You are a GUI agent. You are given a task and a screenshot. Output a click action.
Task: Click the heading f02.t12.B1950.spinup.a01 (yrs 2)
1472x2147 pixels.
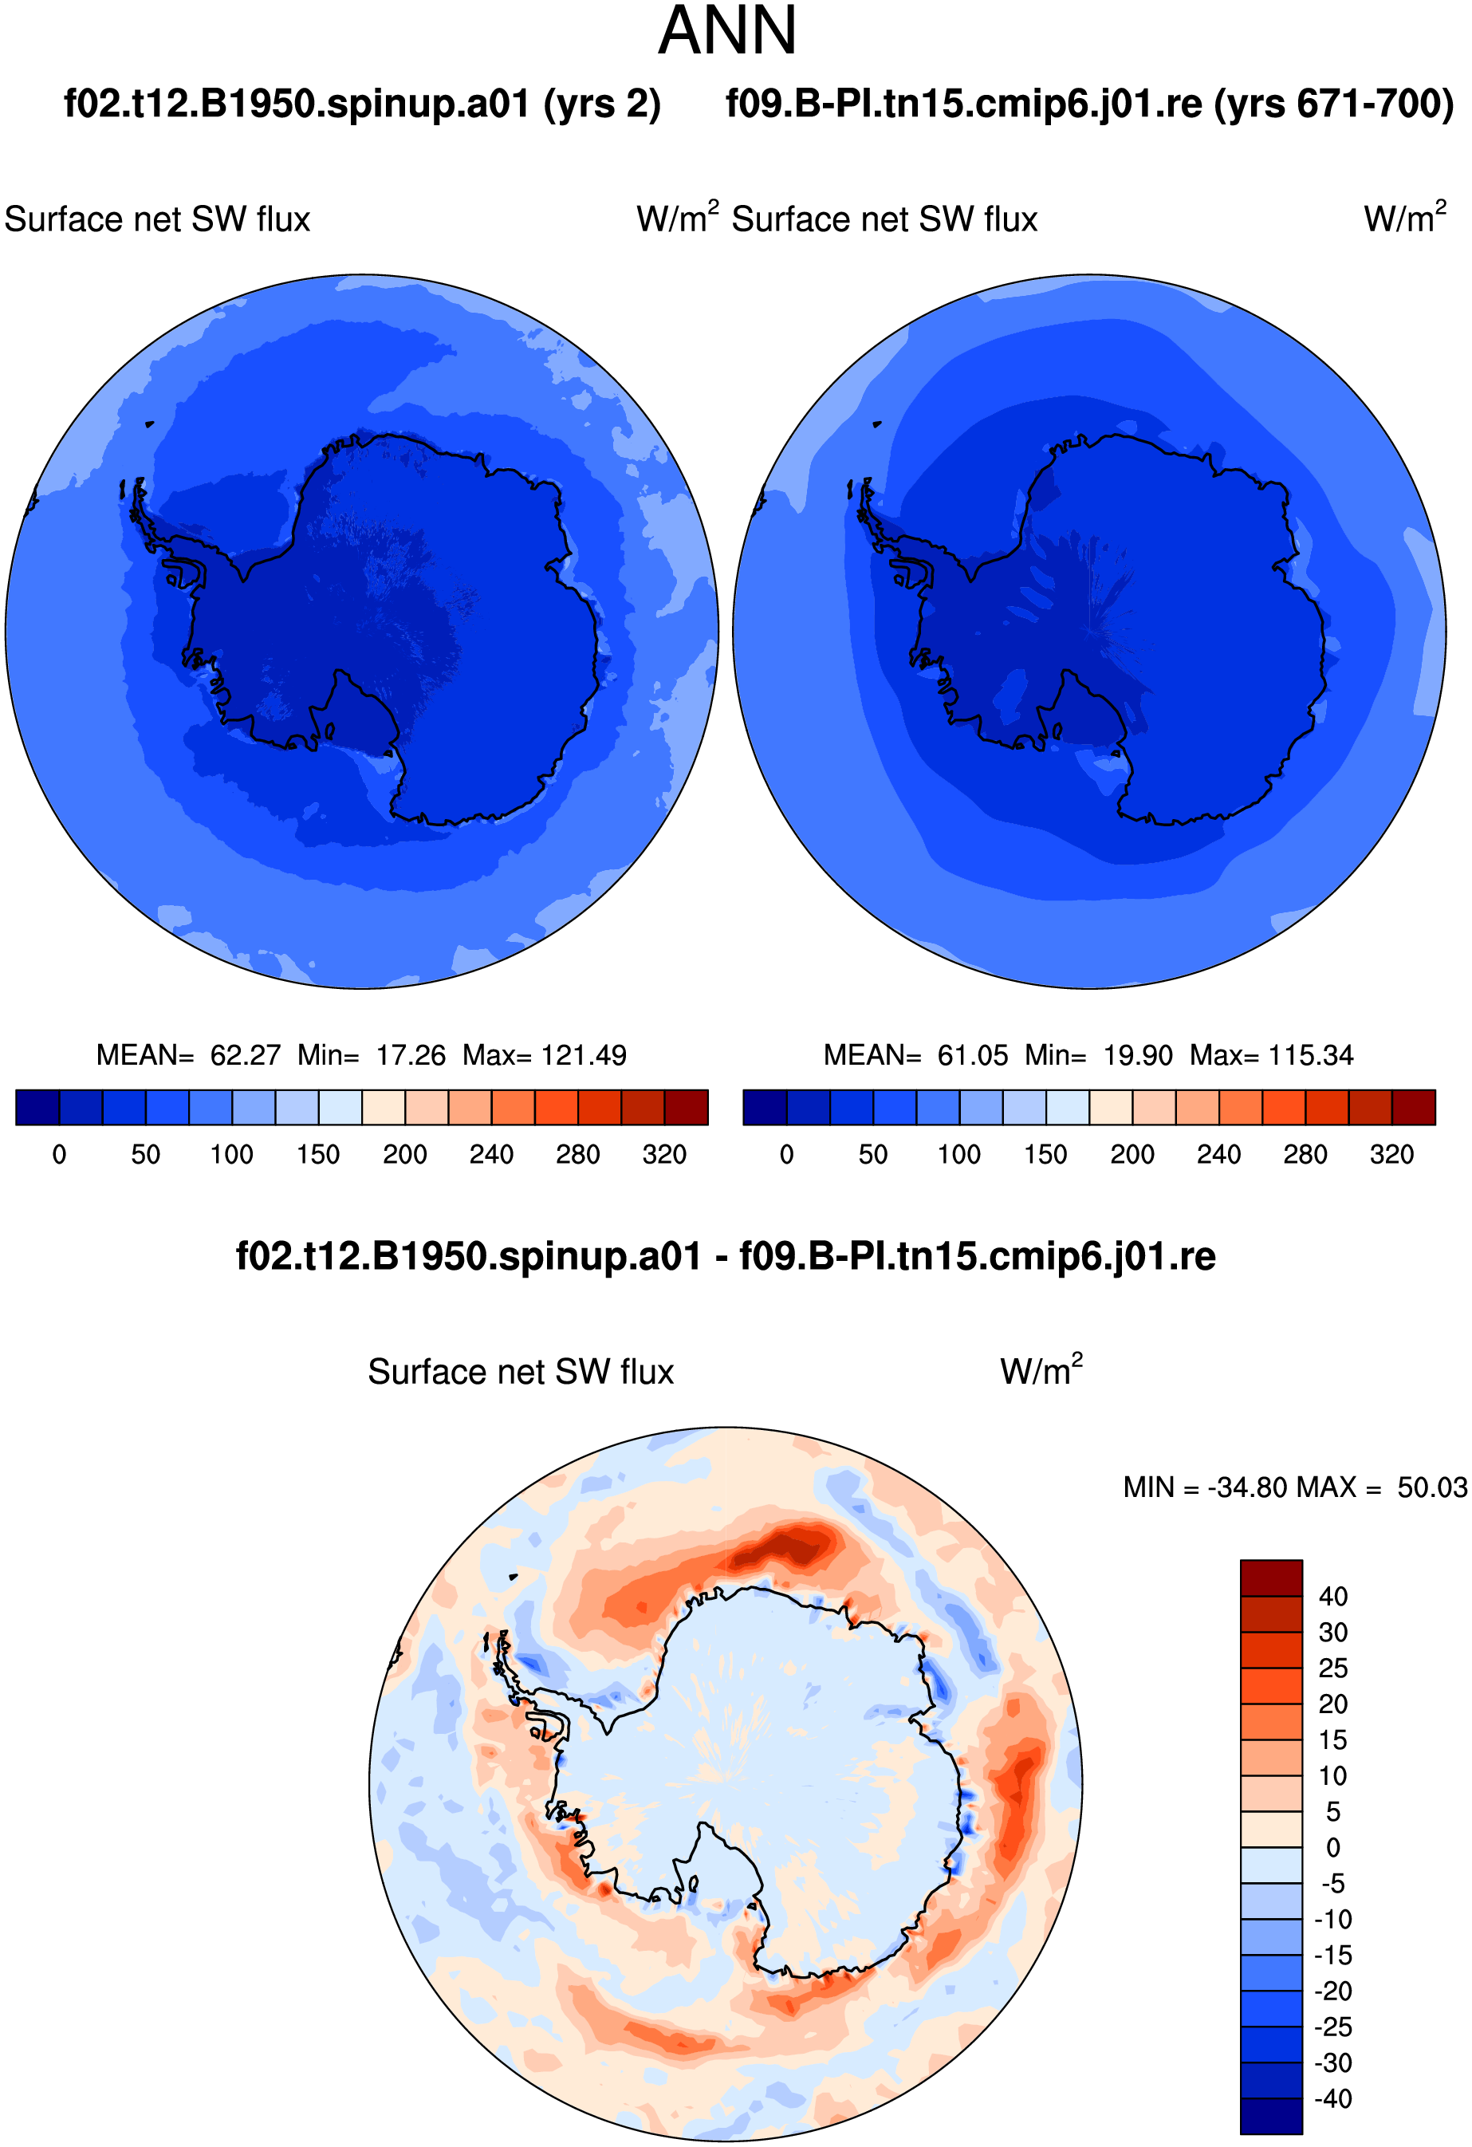click(x=362, y=104)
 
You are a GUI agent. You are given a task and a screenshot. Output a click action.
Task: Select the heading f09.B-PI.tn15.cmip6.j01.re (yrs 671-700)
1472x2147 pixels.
click(x=1090, y=104)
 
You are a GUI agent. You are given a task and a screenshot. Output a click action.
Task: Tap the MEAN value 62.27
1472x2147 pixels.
click(x=245, y=1055)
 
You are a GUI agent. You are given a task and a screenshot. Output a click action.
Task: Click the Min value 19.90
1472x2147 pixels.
click(x=1138, y=1055)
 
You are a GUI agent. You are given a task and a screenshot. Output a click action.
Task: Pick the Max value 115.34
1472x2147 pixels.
click(x=1311, y=1055)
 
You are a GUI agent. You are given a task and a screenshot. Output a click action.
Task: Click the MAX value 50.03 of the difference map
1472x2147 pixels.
click(x=1431, y=1487)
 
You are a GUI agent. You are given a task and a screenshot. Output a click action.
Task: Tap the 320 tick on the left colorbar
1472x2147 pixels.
click(x=664, y=1155)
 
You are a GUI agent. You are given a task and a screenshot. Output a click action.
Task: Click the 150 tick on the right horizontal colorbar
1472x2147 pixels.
click(x=1045, y=1155)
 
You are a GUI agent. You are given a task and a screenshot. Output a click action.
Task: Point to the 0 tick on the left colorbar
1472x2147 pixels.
click(x=59, y=1155)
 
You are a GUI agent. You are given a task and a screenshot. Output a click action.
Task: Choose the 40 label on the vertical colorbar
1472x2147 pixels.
click(x=1332, y=1597)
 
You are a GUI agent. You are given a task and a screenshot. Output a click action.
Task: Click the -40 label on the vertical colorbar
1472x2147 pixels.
click(x=1332, y=2099)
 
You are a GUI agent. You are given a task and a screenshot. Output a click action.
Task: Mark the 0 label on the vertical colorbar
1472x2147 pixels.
click(x=1332, y=1848)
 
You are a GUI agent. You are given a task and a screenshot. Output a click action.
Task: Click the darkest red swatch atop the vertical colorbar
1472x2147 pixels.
click(x=1271, y=1578)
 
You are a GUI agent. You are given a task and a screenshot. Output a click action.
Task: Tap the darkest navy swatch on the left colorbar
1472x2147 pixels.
click(x=37, y=1107)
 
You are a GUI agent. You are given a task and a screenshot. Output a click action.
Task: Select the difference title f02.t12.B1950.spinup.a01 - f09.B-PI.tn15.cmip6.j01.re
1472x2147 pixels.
click(x=726, y=1256)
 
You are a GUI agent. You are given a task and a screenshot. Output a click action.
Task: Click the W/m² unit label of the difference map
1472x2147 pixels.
click(x=1041, y=1369)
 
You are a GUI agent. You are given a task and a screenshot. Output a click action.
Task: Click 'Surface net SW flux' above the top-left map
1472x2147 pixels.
click(x=157, y=220)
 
